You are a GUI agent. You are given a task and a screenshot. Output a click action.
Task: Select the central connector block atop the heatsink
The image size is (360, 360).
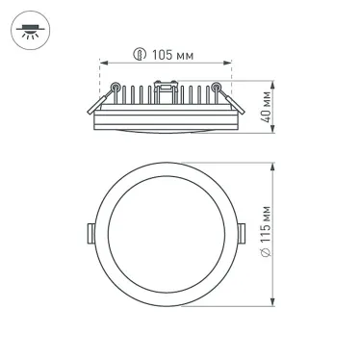coord(166,91)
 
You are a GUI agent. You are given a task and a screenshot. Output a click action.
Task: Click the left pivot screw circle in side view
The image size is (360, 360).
coord(116,89)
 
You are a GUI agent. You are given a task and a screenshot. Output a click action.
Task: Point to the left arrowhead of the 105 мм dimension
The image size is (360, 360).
coord(102,64)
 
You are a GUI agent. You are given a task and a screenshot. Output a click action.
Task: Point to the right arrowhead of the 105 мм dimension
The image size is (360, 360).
coord(231,64)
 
